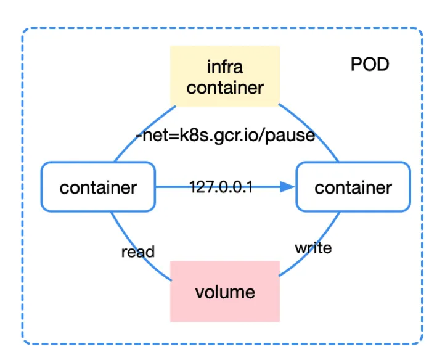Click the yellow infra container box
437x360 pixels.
(225, 75)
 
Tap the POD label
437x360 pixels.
(370, 64)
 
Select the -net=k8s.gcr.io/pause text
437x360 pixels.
(225, 135)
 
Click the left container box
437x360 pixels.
(98, 186)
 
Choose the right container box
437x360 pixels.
(353, 186)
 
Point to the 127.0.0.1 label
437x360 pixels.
(221, 186)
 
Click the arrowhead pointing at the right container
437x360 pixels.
(287, 186)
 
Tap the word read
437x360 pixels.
(137, 252)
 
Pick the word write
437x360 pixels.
(313, 248)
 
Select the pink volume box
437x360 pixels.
(225, 290)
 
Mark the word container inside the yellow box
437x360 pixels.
(225, 87)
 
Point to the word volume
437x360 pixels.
(225, 292)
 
